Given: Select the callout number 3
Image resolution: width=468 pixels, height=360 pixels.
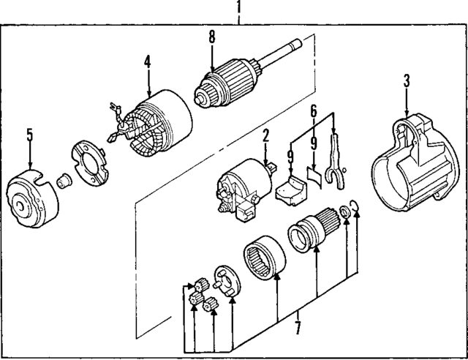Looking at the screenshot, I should pos(407,81).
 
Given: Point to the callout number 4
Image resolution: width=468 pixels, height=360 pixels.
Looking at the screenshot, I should pos(147,62).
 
